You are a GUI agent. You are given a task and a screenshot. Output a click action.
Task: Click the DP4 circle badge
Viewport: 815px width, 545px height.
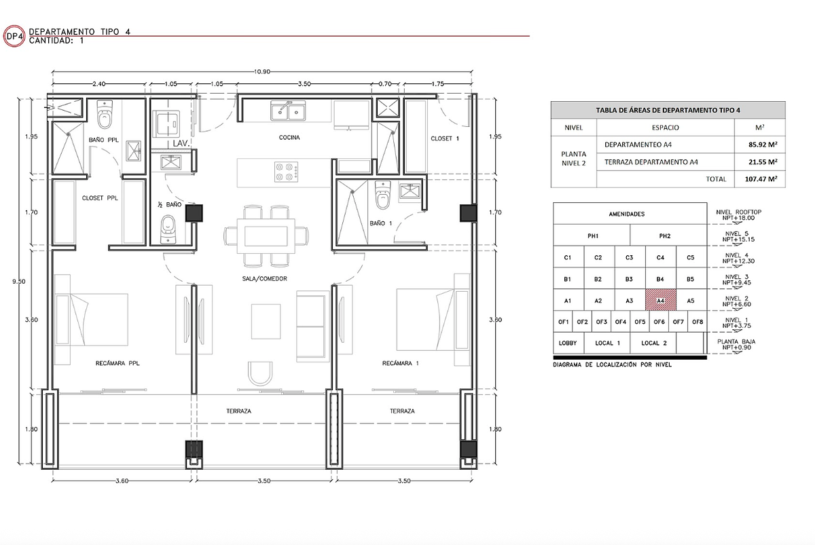[14, 36]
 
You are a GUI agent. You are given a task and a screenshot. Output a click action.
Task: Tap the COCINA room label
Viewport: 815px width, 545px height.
[289, 137]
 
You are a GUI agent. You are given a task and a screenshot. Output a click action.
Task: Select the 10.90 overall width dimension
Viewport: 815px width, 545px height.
[262, 72]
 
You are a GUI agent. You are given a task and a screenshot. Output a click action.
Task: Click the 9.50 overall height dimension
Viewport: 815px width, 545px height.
[19, 282]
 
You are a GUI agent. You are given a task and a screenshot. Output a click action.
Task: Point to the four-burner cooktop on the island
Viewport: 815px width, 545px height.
[287, 172]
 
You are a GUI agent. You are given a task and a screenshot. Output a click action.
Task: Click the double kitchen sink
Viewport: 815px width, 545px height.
[288, 111]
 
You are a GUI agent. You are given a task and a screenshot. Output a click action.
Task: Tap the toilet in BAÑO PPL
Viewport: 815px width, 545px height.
[105, 115]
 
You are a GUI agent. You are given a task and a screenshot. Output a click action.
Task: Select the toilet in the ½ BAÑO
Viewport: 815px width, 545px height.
[168, 229]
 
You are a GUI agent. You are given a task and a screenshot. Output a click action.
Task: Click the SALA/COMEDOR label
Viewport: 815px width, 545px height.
[264, 279]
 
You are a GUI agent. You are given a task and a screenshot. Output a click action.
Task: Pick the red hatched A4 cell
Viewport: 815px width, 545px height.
[661, 300]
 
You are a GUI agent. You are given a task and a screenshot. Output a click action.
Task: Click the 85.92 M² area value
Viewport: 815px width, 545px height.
[763, 145]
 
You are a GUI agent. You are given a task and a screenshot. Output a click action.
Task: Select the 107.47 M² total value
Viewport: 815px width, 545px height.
[761, 179]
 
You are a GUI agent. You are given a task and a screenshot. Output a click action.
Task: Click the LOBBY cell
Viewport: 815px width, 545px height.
[568, 343]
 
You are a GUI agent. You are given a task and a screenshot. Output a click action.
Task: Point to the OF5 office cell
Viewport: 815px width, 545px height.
[640, 322]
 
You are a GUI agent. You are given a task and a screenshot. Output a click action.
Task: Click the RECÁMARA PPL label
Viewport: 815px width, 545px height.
[117, 363]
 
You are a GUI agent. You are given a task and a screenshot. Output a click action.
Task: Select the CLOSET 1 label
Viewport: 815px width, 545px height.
[445, 138]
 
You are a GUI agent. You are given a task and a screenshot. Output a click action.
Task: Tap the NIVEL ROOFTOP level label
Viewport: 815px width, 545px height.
[738, 212]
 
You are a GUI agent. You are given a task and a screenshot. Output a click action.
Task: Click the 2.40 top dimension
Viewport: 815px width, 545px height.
[99, 84]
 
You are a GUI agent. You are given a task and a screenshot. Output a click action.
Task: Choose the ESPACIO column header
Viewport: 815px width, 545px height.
[665, 128]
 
